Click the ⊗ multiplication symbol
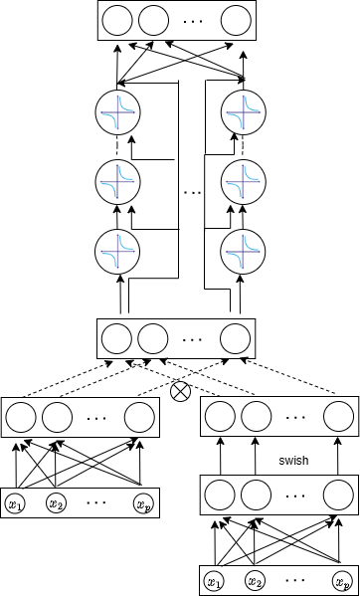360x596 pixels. [x=180, y=391]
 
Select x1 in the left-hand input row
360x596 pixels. [x=15, y=504]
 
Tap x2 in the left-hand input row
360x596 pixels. [x=56, y=504]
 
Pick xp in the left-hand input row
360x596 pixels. [x=143, y=504]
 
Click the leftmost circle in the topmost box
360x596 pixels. [x=117, y=20]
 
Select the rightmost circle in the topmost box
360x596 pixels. [x=236, y=20]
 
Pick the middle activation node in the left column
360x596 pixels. [x=117, y=181]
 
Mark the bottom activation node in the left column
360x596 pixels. [x=117, y=251]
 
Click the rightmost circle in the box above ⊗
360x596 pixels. [x=235, y=339]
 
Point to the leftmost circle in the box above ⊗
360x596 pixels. [x=116, y=339]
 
